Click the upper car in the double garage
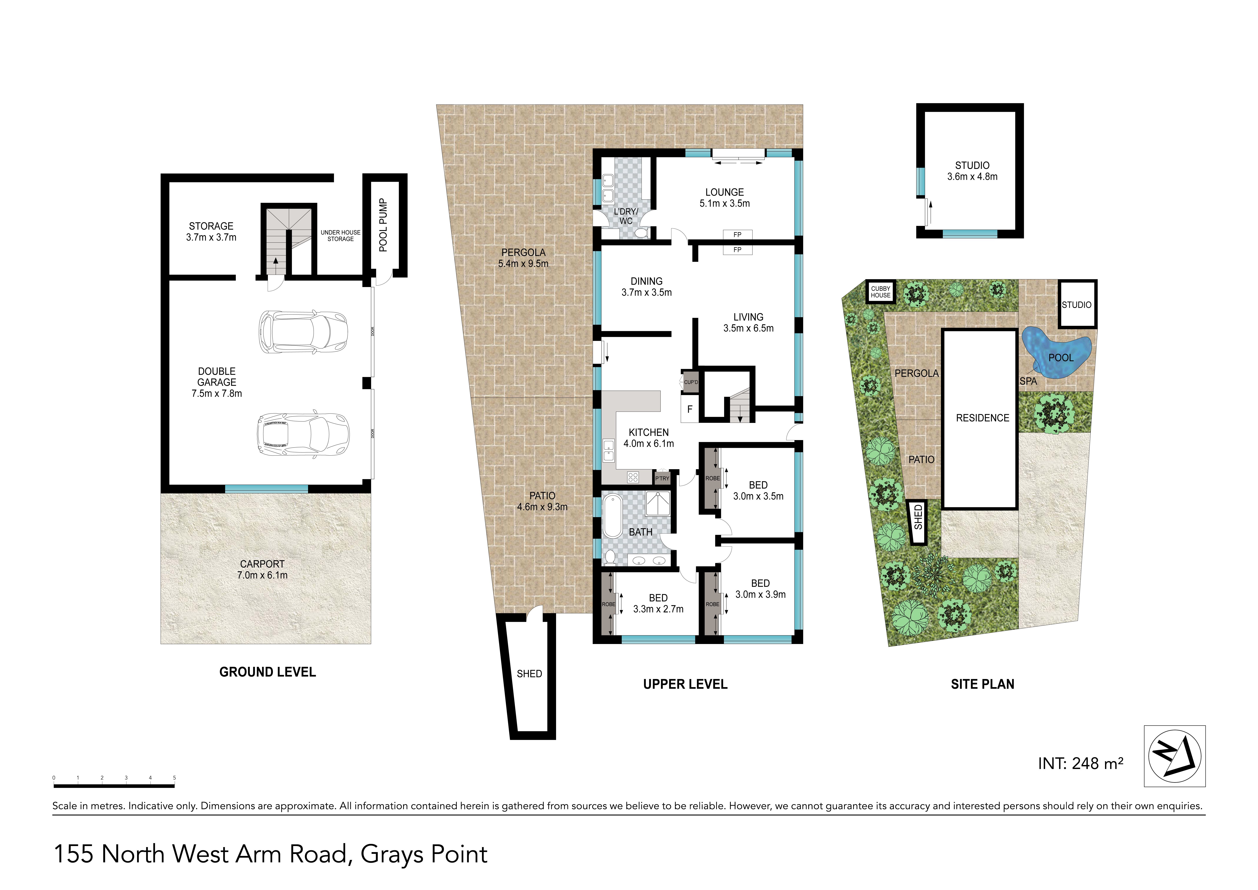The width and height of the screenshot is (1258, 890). click(303, 332)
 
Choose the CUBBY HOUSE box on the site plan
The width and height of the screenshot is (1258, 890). click(880, 292)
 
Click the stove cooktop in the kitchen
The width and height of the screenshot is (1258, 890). click(633, 477)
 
